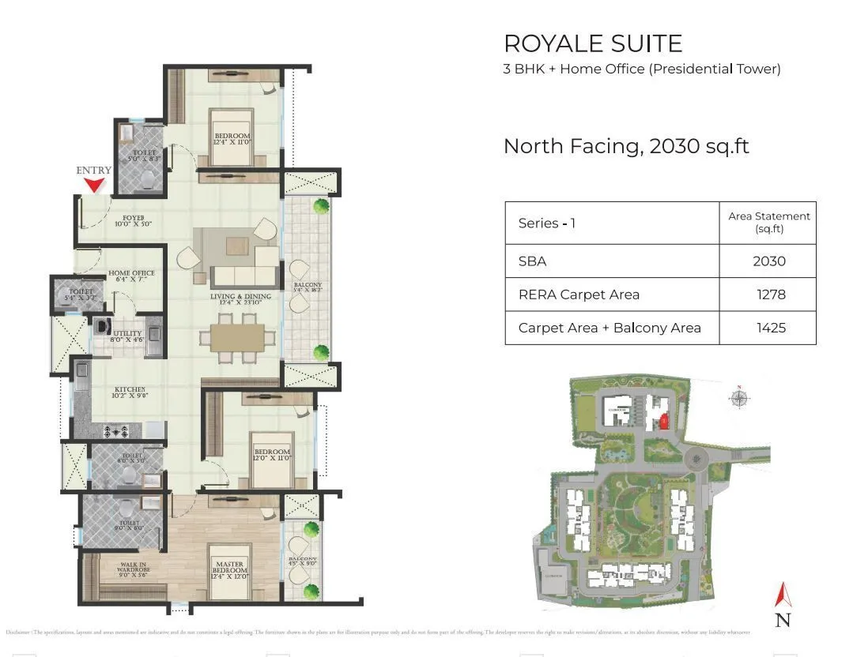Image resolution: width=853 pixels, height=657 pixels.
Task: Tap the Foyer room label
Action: click(133, 220)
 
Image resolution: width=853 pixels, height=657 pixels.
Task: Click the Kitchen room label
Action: click(130, 393)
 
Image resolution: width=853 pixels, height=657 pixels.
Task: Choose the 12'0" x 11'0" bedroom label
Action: click(271, 456)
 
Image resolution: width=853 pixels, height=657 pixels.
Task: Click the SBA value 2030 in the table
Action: click(768, 261)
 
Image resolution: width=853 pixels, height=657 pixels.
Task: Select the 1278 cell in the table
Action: click(768, 295)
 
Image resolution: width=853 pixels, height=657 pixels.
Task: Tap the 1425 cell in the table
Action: click(768, 328)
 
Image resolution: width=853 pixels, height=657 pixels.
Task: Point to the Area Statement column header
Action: click(768, 222)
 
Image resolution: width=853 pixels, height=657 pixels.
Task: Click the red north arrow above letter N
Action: click(783, 595)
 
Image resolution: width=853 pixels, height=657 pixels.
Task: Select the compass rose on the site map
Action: click(738, 398)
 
